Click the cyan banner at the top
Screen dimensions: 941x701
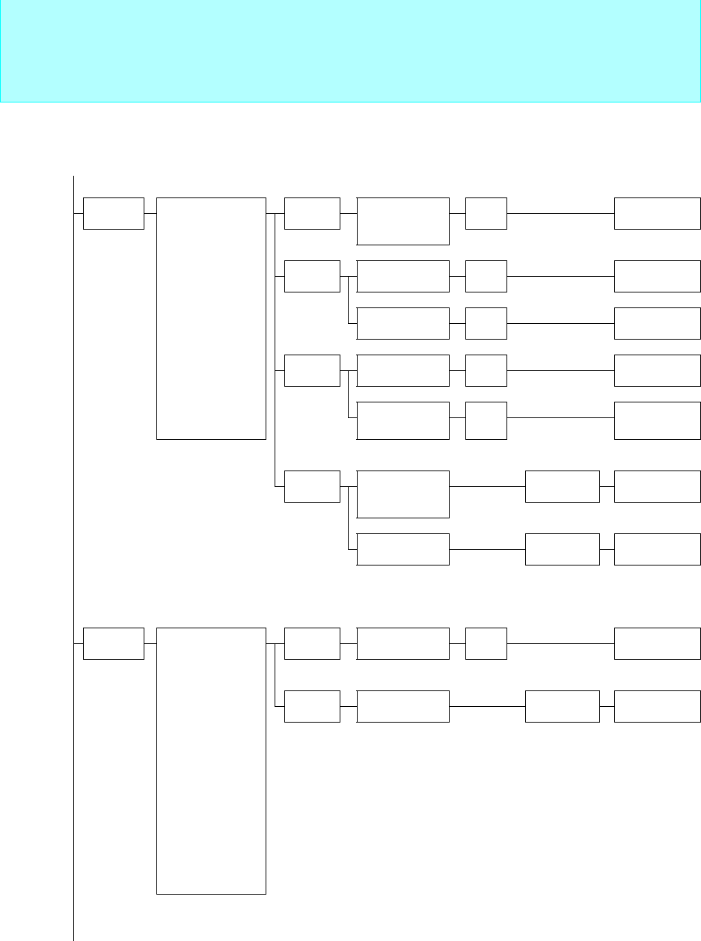(350, 51)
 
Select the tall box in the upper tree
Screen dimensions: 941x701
(211, 318)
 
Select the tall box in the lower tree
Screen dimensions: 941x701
(211, 761)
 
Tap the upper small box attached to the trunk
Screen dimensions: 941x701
(113, 213)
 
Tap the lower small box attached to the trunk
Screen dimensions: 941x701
(113, 644)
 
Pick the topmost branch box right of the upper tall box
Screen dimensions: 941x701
(312, 213)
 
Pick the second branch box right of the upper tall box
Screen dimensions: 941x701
(312, 276)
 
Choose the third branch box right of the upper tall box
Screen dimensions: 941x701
(312, 370)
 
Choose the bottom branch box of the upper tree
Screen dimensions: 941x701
(312, 486)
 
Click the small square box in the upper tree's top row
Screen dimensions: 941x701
(486, 213)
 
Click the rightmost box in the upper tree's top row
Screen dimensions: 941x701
(658, 213)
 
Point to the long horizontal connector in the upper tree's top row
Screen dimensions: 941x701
(560, 213)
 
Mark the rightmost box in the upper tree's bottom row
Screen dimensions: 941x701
(658, 549)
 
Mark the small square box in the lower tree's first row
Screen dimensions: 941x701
(486, 644)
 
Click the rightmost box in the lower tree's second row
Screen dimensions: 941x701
(658, 706)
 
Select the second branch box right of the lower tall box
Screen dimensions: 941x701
(312, 706)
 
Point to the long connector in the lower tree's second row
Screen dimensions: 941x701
(487, 706)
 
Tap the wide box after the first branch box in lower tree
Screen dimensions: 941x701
(403, 644)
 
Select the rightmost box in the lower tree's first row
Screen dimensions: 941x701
(658, 644)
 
